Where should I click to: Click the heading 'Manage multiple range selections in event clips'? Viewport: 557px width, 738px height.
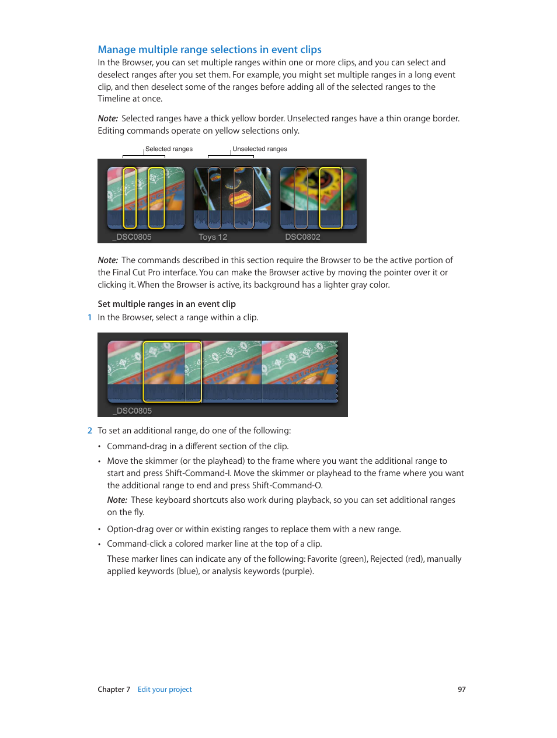pyautogui.click(x=210, y=50)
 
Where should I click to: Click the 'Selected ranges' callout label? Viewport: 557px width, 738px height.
pyautogui.click(x=169, y=149)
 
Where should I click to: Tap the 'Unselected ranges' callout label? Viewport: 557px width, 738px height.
pyautogui.click(x=260, y=149)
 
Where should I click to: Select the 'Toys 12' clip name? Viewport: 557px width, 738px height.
pyautogui.click(x=213, y=237)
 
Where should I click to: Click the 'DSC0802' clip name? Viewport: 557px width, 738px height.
pyautogui.click(x=302, y=237)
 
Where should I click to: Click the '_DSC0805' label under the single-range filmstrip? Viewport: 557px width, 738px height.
pyautogui.click(x=133, y=411)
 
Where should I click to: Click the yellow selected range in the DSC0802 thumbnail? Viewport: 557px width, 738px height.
pyautogui.click(x=330, y=198)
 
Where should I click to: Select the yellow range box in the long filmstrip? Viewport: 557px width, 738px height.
pyautogui.click(x=172, y=372)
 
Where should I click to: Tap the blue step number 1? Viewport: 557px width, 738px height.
pyautogui.click(x=89, y=317)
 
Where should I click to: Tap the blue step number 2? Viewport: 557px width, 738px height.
pyautogui.click(x=89, y=431)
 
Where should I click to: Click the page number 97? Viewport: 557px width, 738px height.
pyautogui.click(x=461, y=690)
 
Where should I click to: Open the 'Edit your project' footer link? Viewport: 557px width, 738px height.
pyautogui.click(x=165, y=690)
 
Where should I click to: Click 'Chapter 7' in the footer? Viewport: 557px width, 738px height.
pyautogui.click(x=114, y=690)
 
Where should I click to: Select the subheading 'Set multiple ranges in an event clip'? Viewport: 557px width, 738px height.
pyautogui.click(x=166, y=304)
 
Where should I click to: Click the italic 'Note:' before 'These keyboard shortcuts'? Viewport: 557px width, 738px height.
pyautogui.click(x=117, y=500)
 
